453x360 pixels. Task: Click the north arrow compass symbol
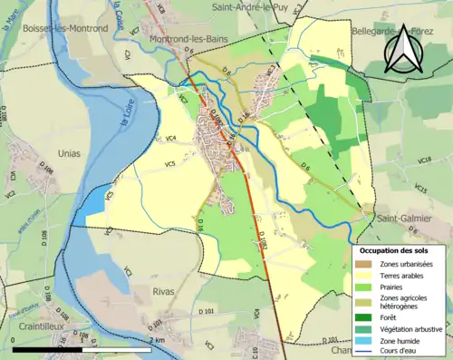(405, 47)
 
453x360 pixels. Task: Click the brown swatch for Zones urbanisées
(364, 263)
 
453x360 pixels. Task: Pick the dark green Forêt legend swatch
(364, 316)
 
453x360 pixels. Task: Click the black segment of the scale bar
(72, 349)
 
